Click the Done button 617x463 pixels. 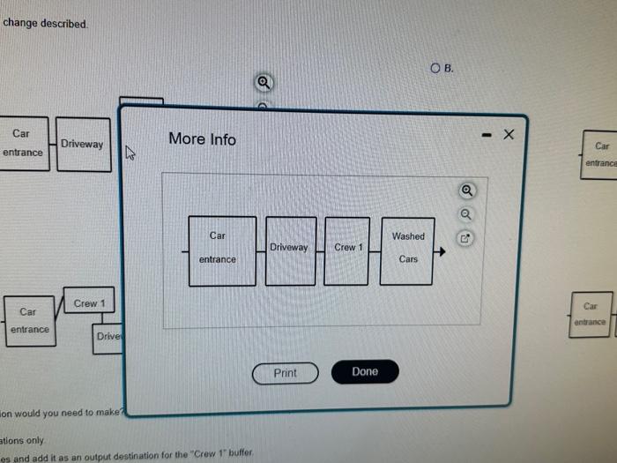(365, 372)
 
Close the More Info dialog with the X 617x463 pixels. (507, 135)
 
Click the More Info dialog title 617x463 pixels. (202, 139)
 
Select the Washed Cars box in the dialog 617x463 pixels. (407, 250)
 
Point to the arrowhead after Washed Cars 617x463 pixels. (442, 251)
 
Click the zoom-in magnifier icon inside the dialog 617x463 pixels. (466, 190)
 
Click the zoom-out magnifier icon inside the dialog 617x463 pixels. (466, 213)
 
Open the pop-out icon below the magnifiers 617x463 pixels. (466, 237)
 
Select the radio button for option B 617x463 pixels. (435, 68)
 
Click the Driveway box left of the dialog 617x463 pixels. (83, 145)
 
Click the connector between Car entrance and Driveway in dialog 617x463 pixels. (261, 251)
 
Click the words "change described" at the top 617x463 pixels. (45, 23)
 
